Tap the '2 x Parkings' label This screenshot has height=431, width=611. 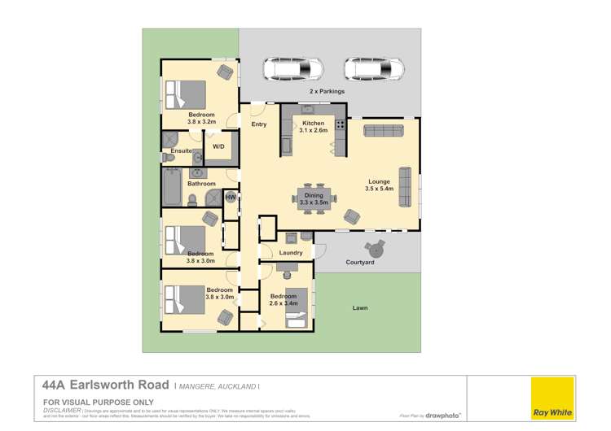pos(327,92)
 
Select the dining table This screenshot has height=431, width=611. pos(314,198)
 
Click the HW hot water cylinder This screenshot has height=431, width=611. pos(231,197)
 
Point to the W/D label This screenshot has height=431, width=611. pos(218,146)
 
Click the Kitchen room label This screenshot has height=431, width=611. pos(313,124)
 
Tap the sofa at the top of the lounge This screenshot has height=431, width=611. pos(383,131)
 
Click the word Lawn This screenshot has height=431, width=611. pos(360,308)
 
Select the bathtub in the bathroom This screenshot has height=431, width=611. pos(172,188)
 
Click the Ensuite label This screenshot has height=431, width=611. pos(181,150)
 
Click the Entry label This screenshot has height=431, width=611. pos(259,124)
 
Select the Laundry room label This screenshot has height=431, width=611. pos(290,253)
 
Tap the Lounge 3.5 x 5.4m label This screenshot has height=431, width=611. pos(379,185)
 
